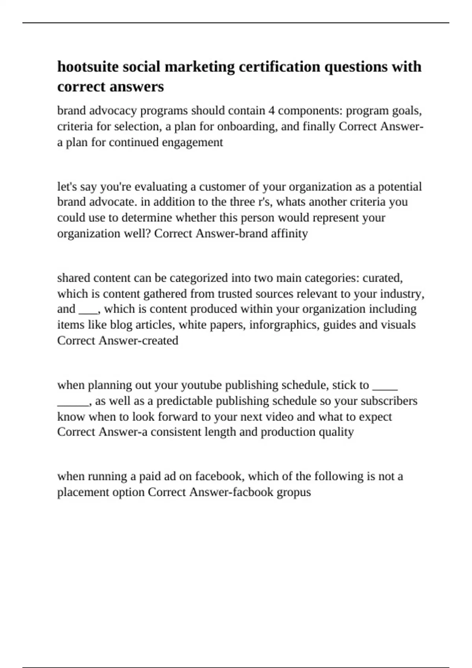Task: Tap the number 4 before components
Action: pyautogui.click(x=271, y=111)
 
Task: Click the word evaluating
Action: pyautogui.click(x=161, y=186)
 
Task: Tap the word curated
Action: pyautogui.click(x=382, y=278)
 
